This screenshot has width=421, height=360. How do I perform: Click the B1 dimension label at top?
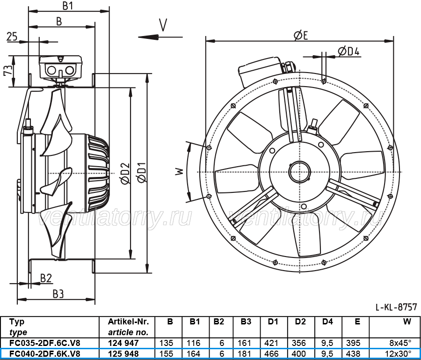[68, 6]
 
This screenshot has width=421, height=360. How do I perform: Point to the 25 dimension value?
[12, 37]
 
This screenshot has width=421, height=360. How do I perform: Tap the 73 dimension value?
[8, 70]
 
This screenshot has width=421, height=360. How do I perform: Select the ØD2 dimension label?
[125, 174]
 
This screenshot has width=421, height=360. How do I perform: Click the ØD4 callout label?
[348, 51]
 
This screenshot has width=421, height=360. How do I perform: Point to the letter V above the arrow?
[163, 25]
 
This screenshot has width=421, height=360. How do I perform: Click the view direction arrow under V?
[160, 37]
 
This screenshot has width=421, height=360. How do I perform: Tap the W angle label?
[180, 171]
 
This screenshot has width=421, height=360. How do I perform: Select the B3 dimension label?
[58, 294]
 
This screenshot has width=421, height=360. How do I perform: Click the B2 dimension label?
[46, 279]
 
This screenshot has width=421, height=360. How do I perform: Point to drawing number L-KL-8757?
[396, 307]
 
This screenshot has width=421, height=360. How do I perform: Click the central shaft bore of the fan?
[300, 172]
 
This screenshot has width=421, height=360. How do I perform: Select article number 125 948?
[123, 353]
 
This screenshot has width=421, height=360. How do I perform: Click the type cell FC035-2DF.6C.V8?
[44, 343]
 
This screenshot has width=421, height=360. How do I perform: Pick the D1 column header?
[273, 322]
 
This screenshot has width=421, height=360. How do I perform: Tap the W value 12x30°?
[400, 353]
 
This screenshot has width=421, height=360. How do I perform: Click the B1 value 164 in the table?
[194, 353]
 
